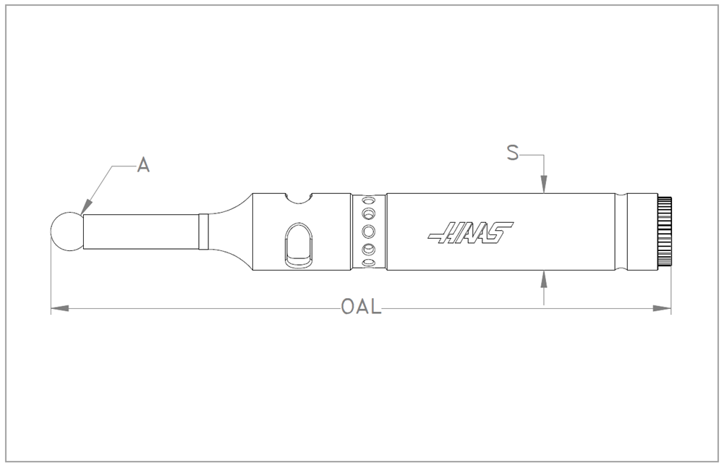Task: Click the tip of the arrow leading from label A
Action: tap(81, 214)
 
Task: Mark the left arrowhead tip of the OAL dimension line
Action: tap(51, 308)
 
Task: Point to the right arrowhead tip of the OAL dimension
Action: tap(671, 308)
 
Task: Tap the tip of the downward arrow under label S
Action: tap(545, 193)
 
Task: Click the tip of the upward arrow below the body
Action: tap(545, 270)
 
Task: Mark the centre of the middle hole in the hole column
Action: tap(368, 231)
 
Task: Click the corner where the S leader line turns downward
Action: tap(545, 155)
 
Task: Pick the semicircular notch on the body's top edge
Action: tap(298, 198)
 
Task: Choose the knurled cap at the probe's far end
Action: tap(665, 232)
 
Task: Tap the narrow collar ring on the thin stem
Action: tap(204, 232)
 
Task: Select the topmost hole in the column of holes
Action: tap(368, 201)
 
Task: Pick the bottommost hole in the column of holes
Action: tap(368, 263)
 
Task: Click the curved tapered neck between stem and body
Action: tap(231, 232)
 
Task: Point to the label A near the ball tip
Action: tap(144, 164)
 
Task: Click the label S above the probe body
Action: tap(513, 153)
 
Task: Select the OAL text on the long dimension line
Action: tap(362, 306)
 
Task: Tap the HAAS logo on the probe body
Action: tap(470, 232)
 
